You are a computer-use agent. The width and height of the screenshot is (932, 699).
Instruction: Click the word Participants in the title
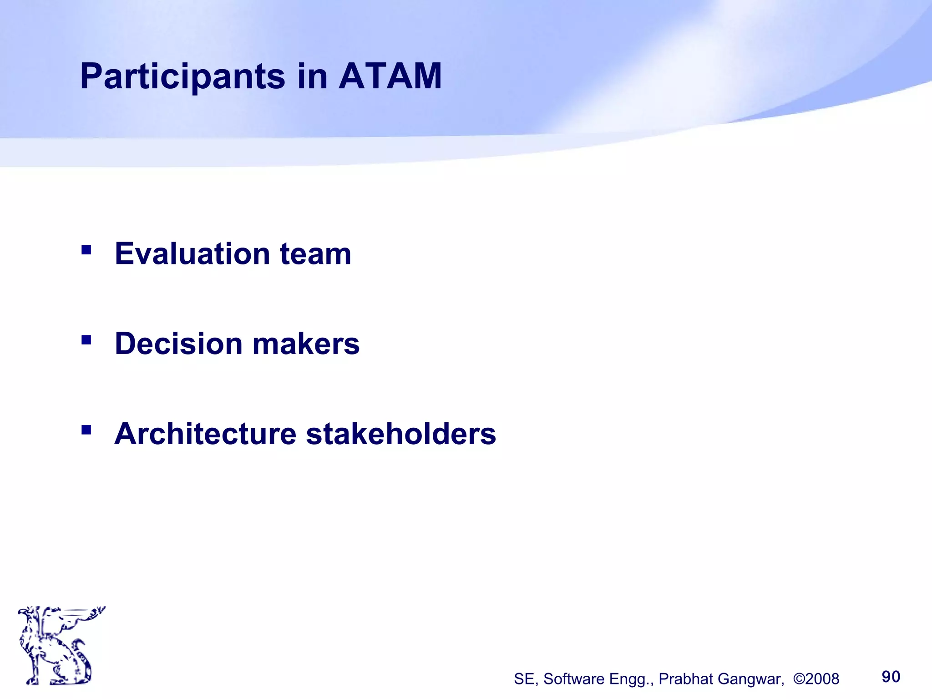182,76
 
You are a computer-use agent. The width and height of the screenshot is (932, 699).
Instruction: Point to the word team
315,254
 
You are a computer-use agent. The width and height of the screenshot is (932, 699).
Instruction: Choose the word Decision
179,343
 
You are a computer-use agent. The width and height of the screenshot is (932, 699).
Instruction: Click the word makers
306,343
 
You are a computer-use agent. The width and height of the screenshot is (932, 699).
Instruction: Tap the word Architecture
205,433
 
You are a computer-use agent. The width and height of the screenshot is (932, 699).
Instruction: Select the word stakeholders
401,433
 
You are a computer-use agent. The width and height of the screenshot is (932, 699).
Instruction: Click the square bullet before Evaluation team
86,250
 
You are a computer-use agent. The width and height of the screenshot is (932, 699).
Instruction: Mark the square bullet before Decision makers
86,339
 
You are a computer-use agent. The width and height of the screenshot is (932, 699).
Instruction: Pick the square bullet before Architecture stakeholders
86,430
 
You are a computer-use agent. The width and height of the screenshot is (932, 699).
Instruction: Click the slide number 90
891,677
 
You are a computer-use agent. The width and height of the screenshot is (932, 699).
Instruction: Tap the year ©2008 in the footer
816,679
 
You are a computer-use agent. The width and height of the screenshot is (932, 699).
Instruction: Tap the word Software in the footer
574,679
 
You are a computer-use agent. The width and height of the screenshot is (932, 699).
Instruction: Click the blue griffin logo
59,645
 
